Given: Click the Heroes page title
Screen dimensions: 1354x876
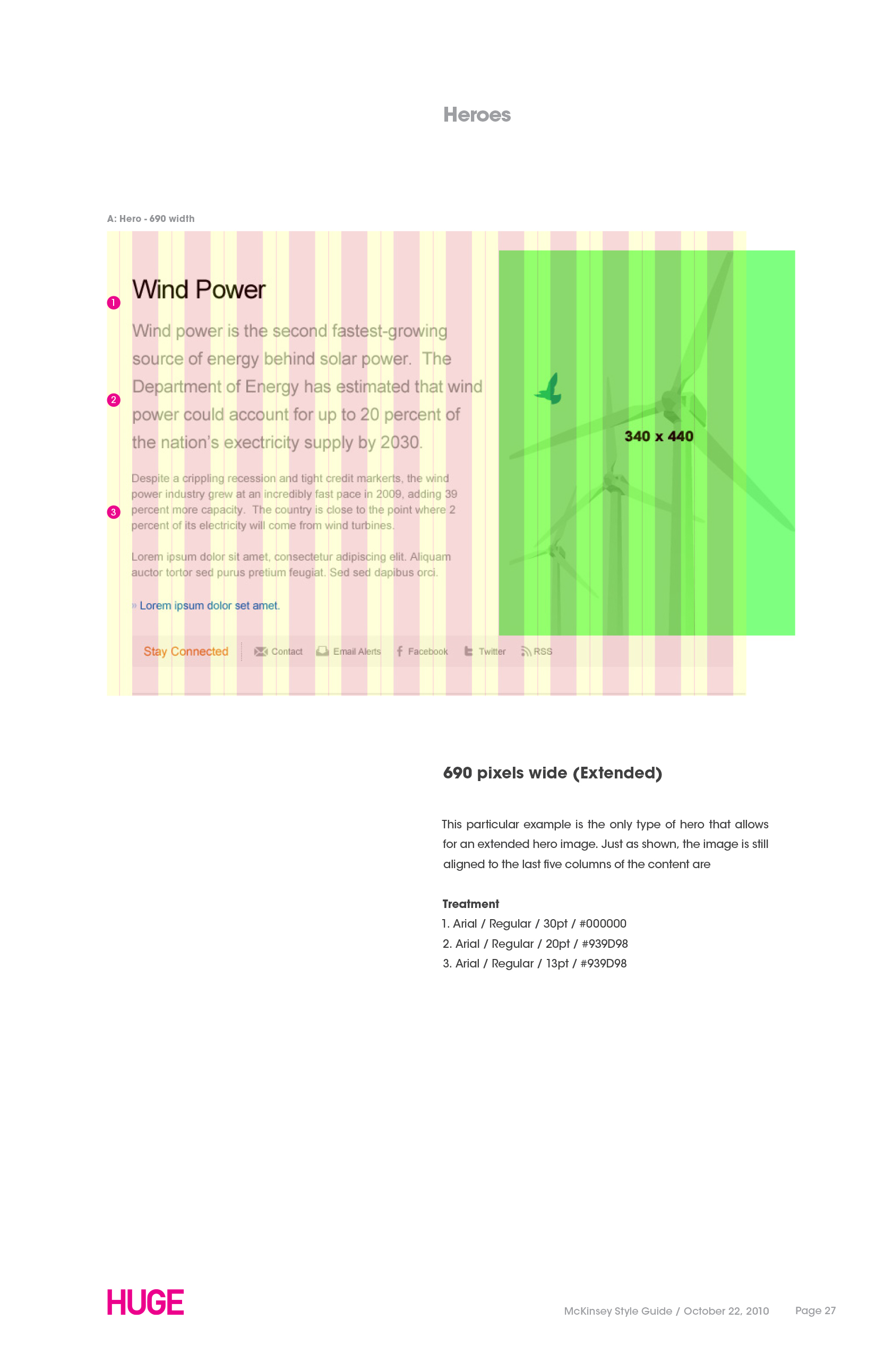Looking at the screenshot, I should pyautogui.click(x=477, y=115).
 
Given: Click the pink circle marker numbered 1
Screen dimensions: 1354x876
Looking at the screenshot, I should pyautogui.click(x=114, y=303).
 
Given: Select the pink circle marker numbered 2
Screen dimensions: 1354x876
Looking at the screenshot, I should pyautogui.click(x=114, y=400).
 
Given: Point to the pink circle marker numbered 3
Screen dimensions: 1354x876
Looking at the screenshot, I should pyautogui.click(x=114, y=512).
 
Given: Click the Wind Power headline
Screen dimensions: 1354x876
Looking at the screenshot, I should pyautogui.click(x=199, y=289).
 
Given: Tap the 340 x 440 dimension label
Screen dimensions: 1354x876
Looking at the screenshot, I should pyautogui.click(x=659, y=436).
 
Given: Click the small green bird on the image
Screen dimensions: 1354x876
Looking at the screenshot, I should pyautogui.click(x=550, y=389).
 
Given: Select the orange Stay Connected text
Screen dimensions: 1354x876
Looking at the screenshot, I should pyautogui.click(x=185, y=652).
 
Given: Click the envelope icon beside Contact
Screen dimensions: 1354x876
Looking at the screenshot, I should pyautogui.click(x=261, y=652).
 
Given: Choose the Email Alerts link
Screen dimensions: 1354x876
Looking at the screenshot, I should pyautogui.click(x=357, y=652).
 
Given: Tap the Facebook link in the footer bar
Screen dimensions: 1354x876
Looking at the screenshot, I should pyautogui.click(x=427, y=652).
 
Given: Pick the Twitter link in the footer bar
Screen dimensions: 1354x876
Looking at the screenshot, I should pyautogui.click(x=492, y=652).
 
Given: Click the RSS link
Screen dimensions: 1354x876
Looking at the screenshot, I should pyautogui.click(x=543, y=652).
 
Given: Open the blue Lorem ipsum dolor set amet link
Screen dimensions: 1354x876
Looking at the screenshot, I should pyautogui.click(x=209, y=606).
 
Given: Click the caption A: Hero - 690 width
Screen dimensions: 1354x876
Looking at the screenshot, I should pyautogui.click(x=151, y=218).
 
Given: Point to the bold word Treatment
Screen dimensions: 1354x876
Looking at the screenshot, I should pyautogui.click(x=470, y=904).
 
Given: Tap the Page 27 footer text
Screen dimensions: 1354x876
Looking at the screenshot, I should pyautogui.click(x=815, y=1311).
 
